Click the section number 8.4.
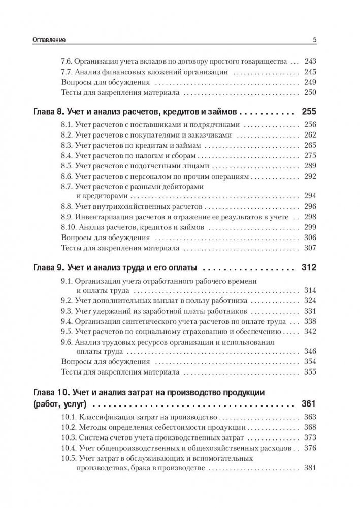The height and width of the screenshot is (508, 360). pos(67,157)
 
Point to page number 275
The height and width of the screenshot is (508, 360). pos(309,157)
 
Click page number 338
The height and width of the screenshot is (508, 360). pos(309,322)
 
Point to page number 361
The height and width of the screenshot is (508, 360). pos(309,404)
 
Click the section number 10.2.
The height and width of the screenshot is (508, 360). pos(69,427)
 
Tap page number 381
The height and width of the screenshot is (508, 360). pos(309,468)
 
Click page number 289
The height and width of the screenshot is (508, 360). pos(309,167)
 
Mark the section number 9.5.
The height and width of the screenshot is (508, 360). pos(67,332)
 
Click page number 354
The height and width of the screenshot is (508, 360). pos(309,363)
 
